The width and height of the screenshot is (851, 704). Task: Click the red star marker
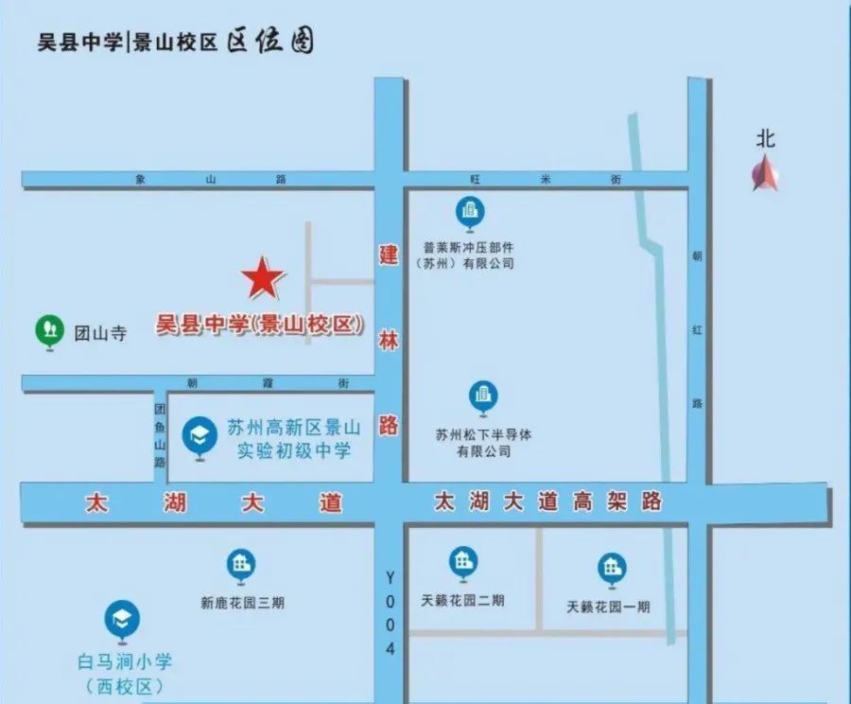pyautogui.click(x=263, y=277)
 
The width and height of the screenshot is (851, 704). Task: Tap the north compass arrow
pyautogui.click(x=765, y=175)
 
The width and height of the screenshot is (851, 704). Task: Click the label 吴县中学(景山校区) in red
pyautogui.click(x=260, y=325)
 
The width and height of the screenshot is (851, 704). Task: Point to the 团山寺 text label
pyautogui.click(x=99, y=333)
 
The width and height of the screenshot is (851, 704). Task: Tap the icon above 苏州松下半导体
pyautogui.click(x=483, y=397)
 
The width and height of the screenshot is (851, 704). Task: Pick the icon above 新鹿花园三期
pyautogui.click(x=241, y=567)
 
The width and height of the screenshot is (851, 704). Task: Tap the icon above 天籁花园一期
pyautogui.click(x=612, y=569)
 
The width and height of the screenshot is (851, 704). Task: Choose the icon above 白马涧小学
pyautogui.click(x=122, y=620)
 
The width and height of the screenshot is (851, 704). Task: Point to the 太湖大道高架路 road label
pyautogui.click(x=547, y=501)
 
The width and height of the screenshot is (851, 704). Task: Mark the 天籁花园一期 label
pyautogui.click(x=608, y=607)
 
